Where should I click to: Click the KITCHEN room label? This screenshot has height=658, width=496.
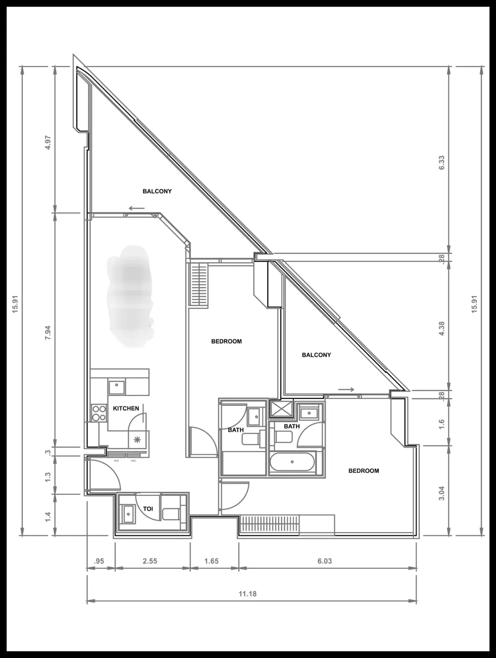point(126,408)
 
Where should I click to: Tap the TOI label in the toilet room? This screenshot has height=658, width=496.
point(148,509)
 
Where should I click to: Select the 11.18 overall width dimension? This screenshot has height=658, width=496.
point(248,593)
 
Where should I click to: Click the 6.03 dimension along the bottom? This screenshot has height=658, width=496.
point(324,561)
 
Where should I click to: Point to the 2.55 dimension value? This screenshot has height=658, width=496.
point(150,561)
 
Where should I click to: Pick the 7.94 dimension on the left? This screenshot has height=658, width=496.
point(48,332)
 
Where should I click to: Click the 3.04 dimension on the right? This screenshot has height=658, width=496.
point(441,493)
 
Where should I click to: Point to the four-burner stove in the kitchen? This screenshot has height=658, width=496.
point(99,413)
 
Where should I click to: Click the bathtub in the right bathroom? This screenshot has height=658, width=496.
point(292,462)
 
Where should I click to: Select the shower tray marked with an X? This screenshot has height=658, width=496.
point(281,409)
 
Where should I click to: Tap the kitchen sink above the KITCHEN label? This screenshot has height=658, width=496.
point(117,386)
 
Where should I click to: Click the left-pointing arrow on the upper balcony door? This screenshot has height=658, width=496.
point(136,208)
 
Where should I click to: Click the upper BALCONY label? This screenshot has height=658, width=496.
point(157,191)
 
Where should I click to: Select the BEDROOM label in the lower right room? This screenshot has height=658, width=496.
point(364,470)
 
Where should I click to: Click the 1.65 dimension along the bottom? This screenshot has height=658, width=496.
point(211,561)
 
